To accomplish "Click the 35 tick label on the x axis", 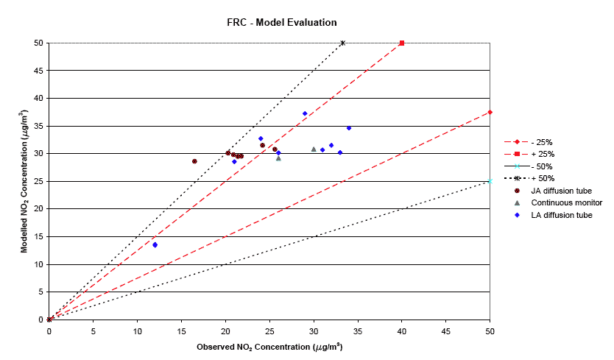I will (358, 331).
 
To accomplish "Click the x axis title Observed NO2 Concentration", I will (269, 345).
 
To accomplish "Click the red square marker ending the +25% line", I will (402, 43).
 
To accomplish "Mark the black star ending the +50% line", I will (343, 43).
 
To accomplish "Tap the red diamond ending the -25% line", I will (490, 112).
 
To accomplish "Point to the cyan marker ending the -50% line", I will (490, 181).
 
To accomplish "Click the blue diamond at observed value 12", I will (155, 244).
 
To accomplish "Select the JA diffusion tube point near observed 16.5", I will (194, 161).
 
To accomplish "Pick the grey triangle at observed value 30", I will (314, 149).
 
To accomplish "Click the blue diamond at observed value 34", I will (349, 128).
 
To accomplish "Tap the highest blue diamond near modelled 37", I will (305, 113).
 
